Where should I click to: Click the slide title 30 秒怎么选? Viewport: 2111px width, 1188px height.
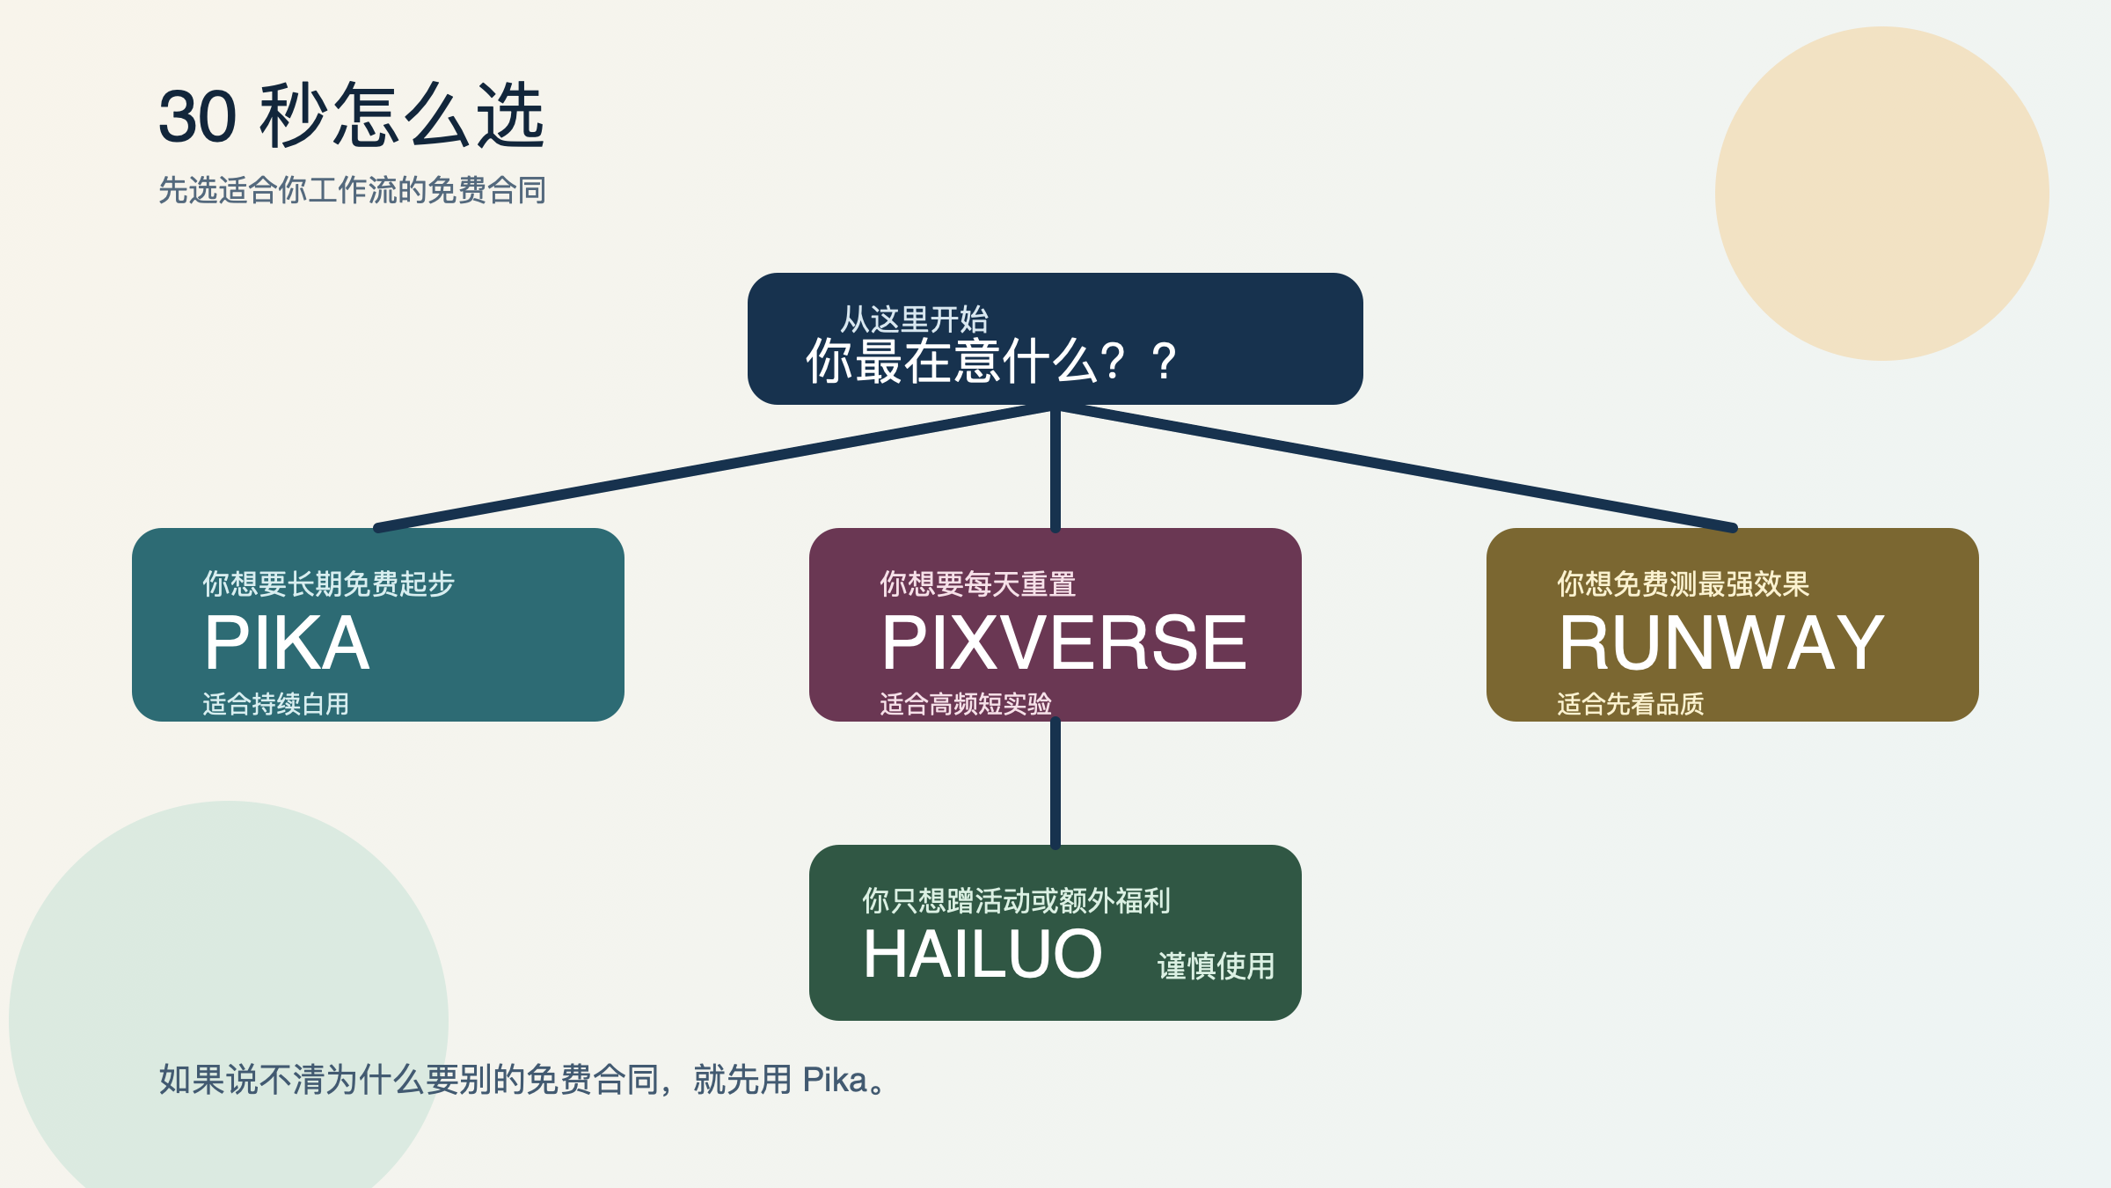point(352,116)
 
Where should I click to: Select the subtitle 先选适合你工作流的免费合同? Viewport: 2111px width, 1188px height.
point(352,190)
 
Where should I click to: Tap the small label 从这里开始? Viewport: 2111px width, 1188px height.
point(914,319)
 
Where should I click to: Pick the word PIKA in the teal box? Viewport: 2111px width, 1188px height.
point(287,642)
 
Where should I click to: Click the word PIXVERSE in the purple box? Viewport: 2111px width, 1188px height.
point(1063,642)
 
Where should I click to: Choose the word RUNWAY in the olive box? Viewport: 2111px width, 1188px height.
point(1720,642)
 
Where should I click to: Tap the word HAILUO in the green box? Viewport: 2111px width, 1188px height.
point(982,955)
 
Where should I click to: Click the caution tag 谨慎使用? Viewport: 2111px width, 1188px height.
point(1216,966)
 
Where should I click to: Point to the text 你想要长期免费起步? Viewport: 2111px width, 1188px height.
point(328,583)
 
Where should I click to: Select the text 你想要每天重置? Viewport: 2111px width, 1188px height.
point(977,583)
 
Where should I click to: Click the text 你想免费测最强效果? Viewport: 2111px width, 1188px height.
point(1683,583)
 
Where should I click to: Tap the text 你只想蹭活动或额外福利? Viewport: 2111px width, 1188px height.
point(1016,900)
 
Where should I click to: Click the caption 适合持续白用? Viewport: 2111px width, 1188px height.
point(275,704)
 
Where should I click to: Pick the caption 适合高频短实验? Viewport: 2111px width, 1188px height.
point(965,704)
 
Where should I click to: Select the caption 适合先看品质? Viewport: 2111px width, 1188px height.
point(1630,704)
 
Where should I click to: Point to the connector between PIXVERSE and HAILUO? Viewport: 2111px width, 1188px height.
point(1055,783)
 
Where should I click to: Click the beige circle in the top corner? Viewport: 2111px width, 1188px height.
point(1882,194)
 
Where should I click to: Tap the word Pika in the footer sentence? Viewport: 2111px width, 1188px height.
point(835,1080)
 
